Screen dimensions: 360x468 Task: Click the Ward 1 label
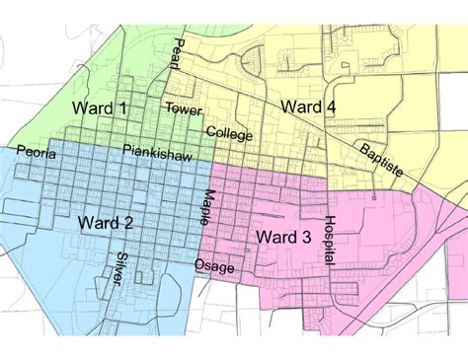[99, 108]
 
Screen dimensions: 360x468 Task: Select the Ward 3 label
[284, 238]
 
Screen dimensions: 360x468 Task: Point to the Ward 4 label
[310, 107]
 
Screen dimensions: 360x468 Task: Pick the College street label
[229, 132]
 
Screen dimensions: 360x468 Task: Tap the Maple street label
[210, 206]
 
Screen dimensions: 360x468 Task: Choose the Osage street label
[214, 264]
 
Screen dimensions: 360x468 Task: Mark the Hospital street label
[331, 241]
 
